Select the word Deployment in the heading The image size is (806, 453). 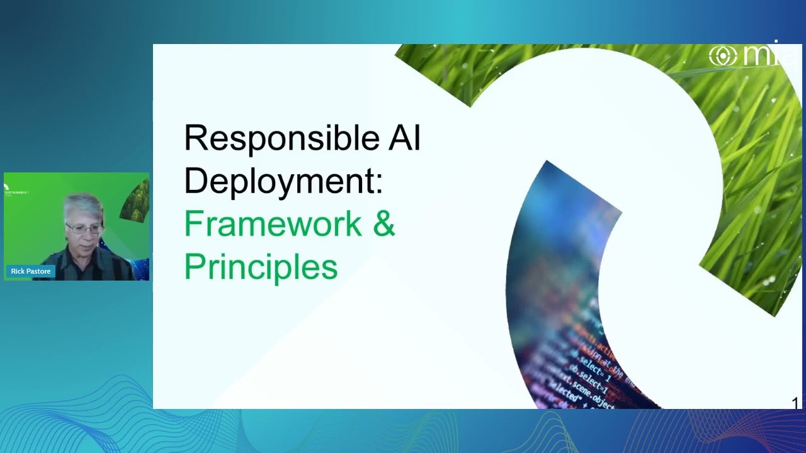click(x=278, y=181)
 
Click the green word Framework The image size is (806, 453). click(x=272, y=223)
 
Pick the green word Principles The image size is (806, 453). click(x=261, y=267)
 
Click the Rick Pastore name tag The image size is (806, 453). click(x=30, y=271)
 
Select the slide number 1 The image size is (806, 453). click(x=795, y=403)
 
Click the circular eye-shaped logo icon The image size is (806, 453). click(x=722, y=56)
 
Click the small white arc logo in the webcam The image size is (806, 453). click(x=6, y=187)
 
